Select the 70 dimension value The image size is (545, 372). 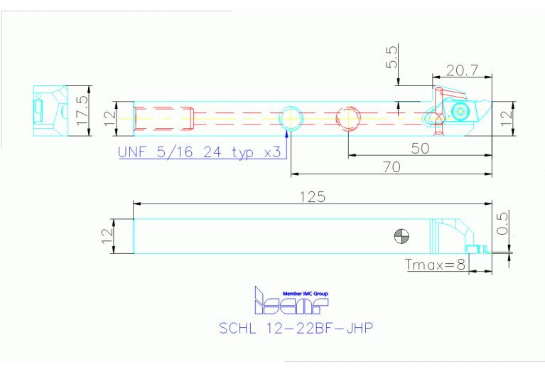coord(392,166)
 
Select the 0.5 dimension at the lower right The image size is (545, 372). coord(502,223)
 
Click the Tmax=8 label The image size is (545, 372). coord(436,265)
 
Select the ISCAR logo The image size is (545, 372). coord(292,304)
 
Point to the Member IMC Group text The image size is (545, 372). coord(306,292)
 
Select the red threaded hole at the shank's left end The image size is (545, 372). coord(164,118)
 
